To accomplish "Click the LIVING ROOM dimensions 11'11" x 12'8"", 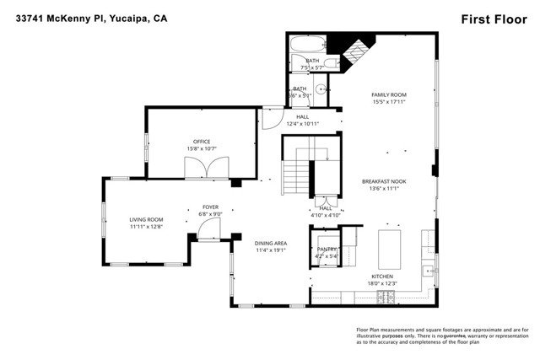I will [x=146, y=226].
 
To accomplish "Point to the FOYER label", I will [x=210, y=207].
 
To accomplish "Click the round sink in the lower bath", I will [x=321, y=91].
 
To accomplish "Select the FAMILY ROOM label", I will [x=389, y=94].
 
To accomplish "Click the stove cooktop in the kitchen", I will [x=389, y=297].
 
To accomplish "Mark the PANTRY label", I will [x=327, y=250].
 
